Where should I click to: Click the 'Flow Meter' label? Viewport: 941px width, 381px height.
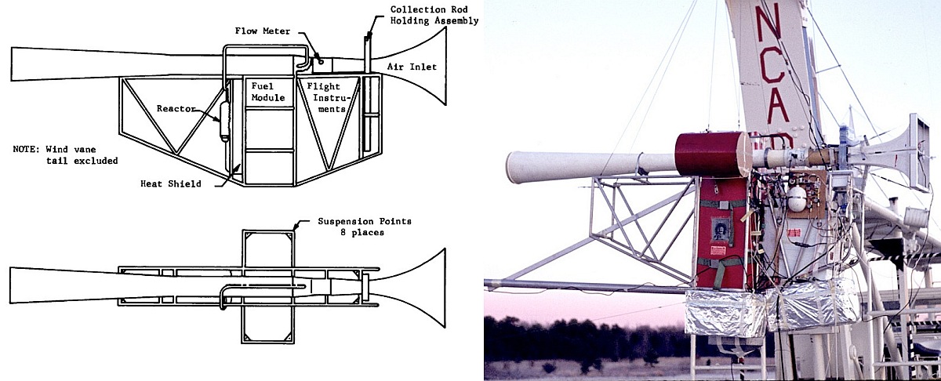[263, 31]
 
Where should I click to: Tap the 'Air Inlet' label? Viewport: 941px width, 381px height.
[410, 67]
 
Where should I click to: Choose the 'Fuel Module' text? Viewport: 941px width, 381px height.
[264, 91]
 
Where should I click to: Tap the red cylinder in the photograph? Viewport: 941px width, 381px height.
[709, 154]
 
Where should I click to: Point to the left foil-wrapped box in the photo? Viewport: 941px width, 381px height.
[725, 311]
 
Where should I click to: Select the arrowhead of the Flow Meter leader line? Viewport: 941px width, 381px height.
[318, 56]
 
